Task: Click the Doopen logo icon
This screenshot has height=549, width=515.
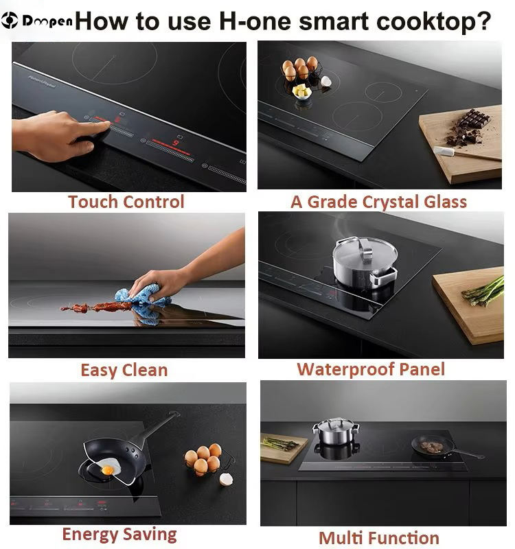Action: point(10,21)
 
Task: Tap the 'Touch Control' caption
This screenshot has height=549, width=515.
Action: point(126,202)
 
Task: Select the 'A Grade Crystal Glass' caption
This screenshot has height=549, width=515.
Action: point(379,202)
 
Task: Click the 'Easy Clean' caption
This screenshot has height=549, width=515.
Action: point(124,370)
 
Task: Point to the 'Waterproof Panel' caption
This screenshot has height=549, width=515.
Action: point(371,369)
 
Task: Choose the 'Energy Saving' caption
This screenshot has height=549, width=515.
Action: point(119,535)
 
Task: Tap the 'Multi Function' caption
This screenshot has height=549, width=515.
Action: point(379,538)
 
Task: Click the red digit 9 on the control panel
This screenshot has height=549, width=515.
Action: point(175,142)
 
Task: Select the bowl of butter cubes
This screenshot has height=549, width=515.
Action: point(301,92)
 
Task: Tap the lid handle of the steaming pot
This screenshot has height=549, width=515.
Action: point(366,246)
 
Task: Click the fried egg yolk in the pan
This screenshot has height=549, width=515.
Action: point(107,470)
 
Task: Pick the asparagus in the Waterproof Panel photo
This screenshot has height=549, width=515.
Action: point(483,291)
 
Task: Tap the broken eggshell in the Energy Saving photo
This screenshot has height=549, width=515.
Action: point(226,479)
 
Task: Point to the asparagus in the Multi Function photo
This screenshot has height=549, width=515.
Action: point(280,443)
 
